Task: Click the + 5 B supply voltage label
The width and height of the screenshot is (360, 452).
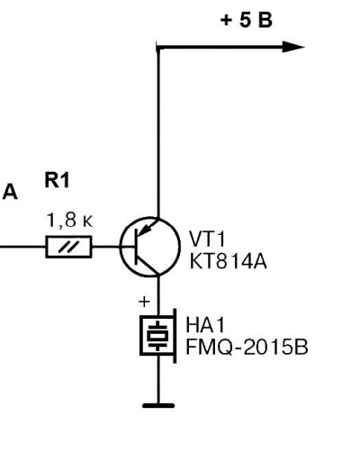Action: tap(247, 21)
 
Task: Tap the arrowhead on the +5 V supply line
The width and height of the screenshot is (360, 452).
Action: tap(293, 47)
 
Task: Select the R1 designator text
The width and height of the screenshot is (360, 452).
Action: tap(57, 180)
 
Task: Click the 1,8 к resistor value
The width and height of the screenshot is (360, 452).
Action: tap(69, 220)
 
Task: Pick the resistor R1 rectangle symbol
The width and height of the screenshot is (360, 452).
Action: tap(68, 247)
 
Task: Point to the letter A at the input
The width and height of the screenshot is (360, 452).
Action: tap(10, 192)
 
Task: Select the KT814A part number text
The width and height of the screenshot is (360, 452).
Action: tap(228, 261)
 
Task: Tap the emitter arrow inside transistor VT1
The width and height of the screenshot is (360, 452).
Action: tap(148, 228)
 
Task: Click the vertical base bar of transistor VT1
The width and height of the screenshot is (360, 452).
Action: tap(137, 247)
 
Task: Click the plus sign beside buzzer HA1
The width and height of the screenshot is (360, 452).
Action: tap(144, 302)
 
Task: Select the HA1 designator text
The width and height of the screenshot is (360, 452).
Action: tap(205, 325)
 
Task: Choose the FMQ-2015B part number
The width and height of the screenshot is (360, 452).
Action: tap(247, 348)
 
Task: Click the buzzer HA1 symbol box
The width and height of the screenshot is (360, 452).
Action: tap(158, 336)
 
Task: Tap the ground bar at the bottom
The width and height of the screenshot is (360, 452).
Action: tap(158, 406)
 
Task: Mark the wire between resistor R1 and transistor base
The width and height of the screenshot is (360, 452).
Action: tap(106, 247)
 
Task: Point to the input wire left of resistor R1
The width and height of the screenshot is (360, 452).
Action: tap(22, 247)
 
